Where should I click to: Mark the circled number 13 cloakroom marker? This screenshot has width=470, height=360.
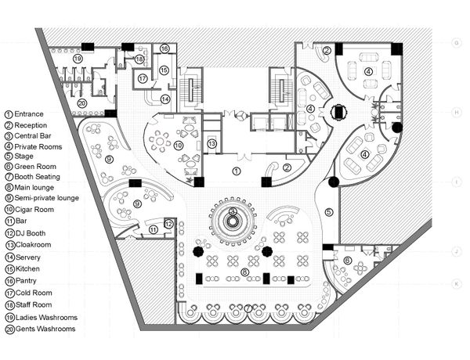point(211,143)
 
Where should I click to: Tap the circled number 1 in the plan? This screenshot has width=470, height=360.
point(235,170)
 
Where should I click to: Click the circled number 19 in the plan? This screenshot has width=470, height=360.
point(78,59)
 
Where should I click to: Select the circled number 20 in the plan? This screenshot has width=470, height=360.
point(81,103)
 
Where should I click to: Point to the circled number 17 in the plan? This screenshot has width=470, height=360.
point(143,78)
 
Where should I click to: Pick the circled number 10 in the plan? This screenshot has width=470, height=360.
point(179,145)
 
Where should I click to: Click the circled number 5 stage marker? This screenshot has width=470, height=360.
point(328,211)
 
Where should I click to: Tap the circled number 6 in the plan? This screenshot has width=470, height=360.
point(347,261)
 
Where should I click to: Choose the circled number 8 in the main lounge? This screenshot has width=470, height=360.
point(244,272)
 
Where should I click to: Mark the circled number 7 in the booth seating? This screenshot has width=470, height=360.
point(249,308)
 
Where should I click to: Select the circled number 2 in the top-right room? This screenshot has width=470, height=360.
point(327,51)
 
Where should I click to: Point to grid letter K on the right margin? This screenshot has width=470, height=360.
point(455,284)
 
